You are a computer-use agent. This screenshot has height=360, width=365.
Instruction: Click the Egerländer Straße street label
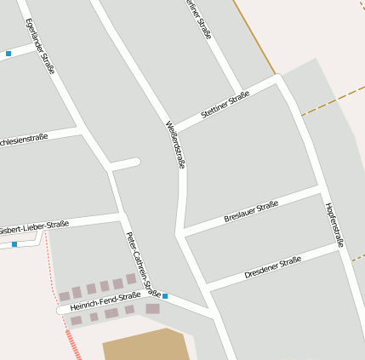coord(40,47)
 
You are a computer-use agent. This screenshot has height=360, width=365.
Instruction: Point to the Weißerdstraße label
coord(175,143)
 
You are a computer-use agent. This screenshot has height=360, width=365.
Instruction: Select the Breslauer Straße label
coord(251,211)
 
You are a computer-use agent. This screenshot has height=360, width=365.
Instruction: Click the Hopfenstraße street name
coord(334,225)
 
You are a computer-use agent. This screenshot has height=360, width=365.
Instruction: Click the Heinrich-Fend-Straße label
coord(106,300)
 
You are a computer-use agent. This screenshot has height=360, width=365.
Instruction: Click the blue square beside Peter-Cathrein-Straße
coord(165,296)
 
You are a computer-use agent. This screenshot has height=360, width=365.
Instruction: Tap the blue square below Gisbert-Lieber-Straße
coord(14,244)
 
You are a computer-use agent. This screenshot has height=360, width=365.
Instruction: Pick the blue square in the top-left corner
coord(9,54)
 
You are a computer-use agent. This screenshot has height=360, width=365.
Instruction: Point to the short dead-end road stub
coord(125,163)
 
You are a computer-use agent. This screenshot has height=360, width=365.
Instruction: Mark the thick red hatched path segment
coord(74,345)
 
